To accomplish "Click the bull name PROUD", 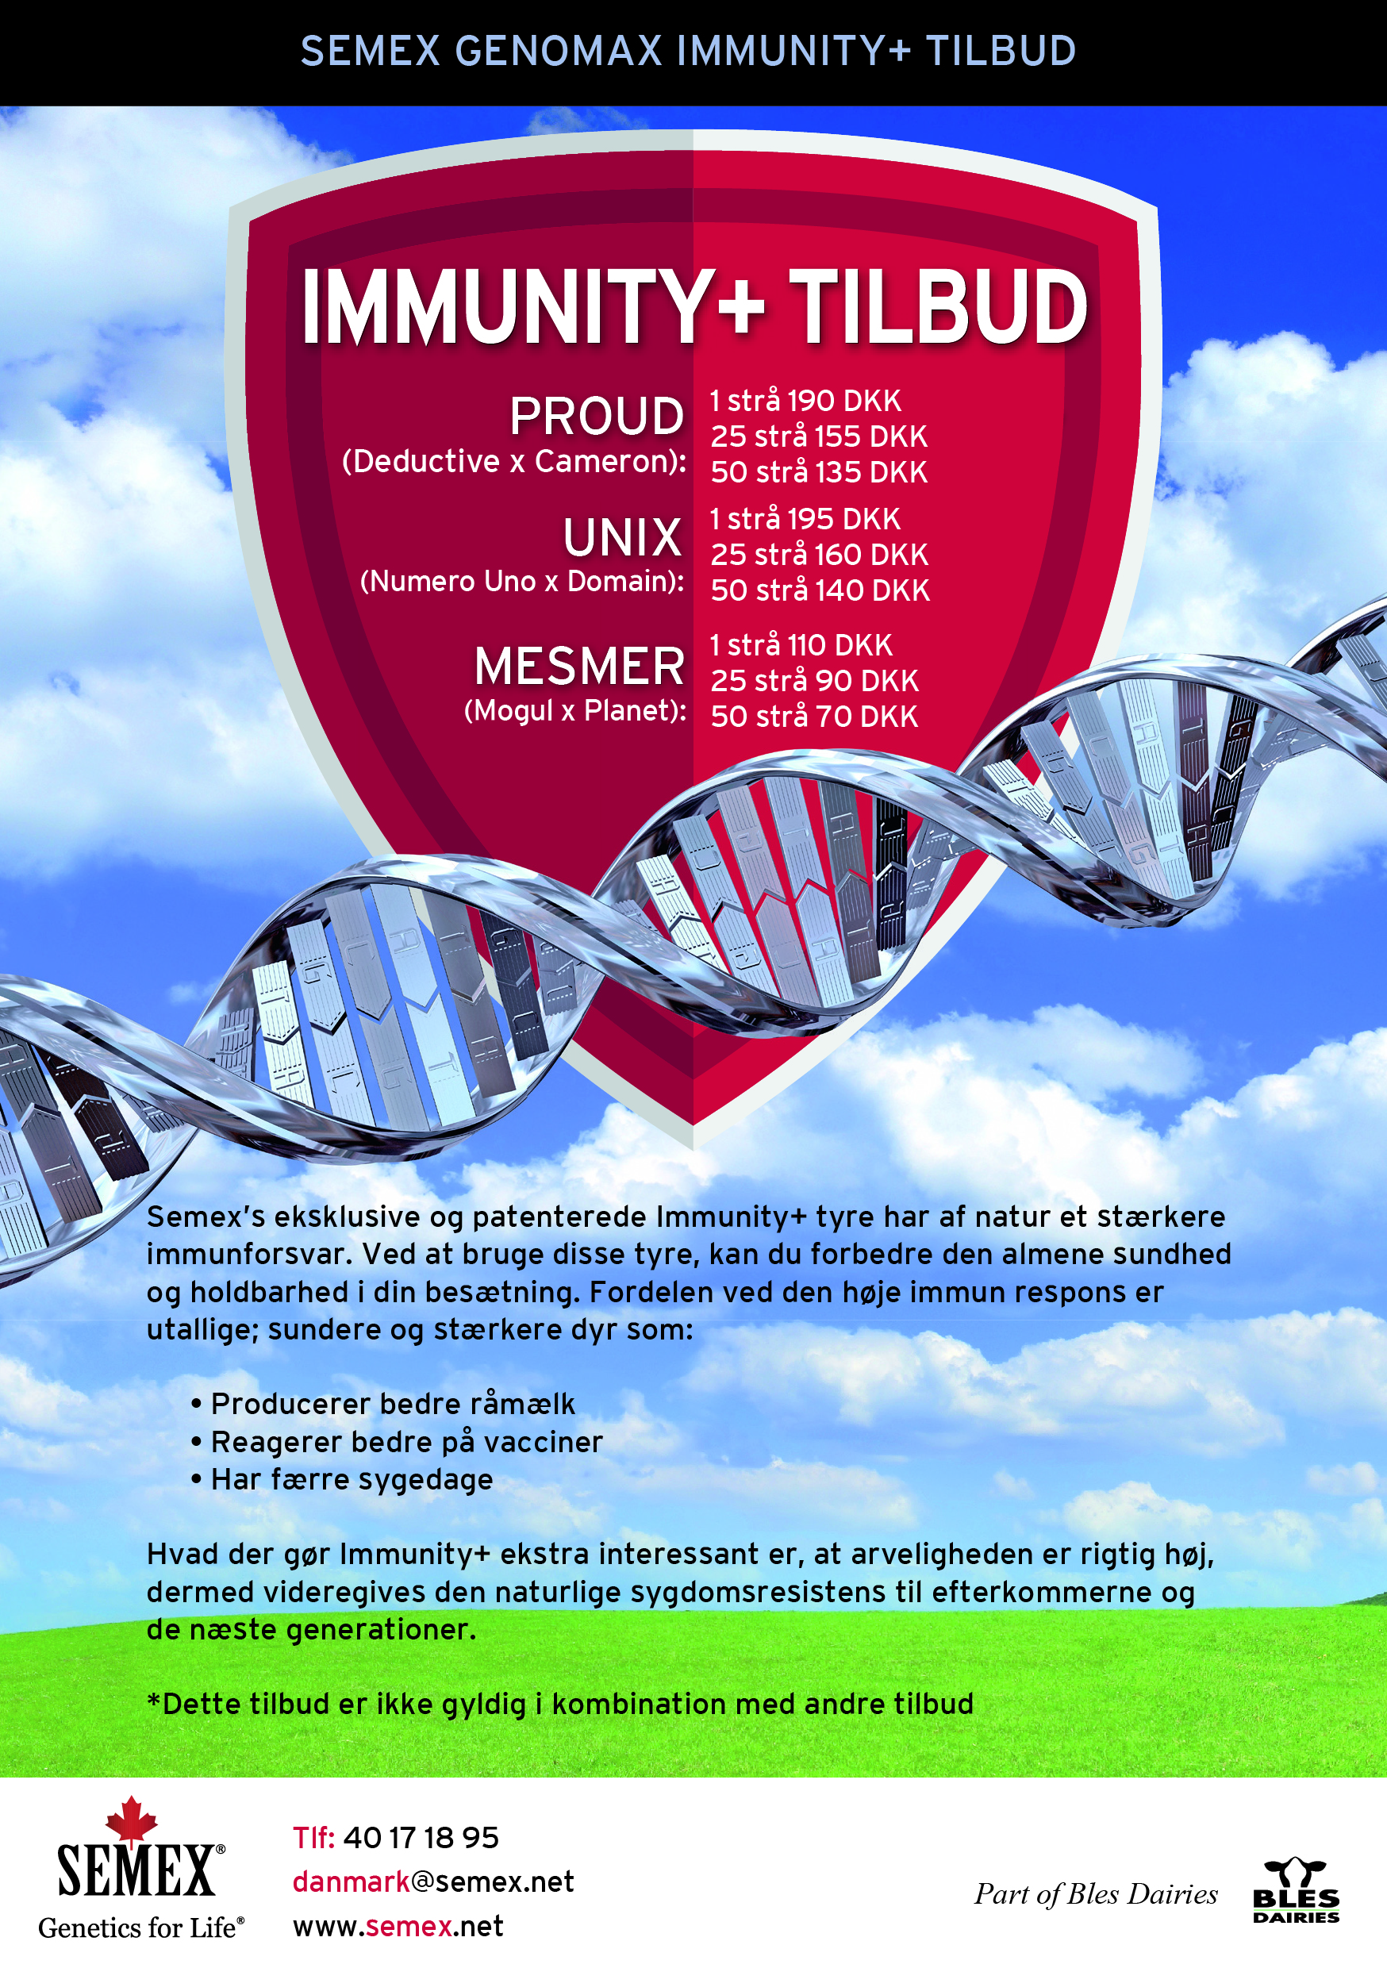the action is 597,417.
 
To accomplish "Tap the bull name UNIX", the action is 622,538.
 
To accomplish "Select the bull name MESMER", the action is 579,667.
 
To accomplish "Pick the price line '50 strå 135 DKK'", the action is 819,472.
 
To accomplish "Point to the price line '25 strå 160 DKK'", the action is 819,555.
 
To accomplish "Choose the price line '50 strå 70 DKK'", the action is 813,717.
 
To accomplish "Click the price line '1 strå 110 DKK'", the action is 801,644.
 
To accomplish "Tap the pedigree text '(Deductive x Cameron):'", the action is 514,462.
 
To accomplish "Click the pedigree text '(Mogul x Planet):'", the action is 575,710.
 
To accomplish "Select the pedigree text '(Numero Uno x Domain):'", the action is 523,582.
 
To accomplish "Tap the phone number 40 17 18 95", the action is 421,1837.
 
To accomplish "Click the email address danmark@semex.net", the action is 433,1882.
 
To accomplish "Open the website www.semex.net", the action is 398,1926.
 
